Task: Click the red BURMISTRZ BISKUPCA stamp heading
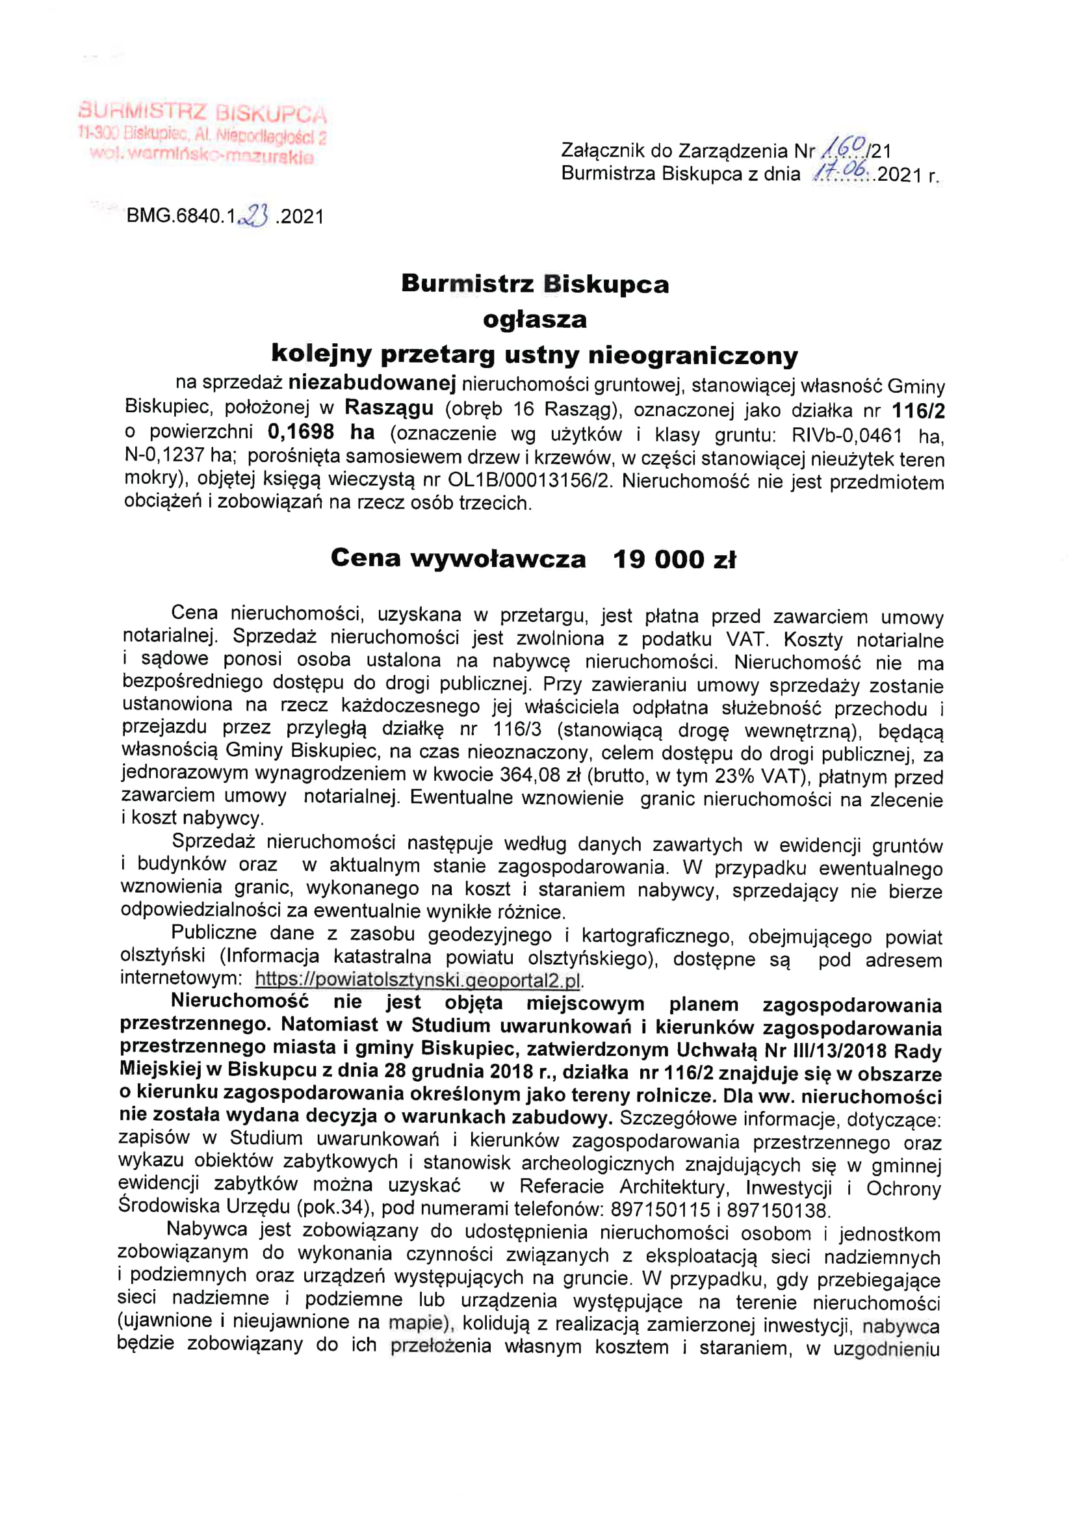tap(203, 113)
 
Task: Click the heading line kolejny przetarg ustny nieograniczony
tap(535, 355)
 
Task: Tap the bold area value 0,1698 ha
tap(321, 432)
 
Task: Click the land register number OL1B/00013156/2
tap(530, 480)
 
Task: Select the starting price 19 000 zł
tap(675, 559)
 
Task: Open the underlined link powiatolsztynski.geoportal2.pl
tap(418, 978)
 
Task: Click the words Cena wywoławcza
tap(458, 558)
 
